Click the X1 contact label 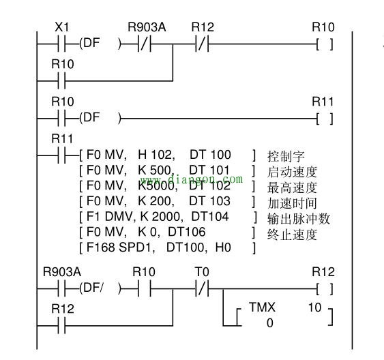pos(62,27)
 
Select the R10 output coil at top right pos(324,44)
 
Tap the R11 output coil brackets pos(324,119)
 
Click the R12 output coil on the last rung pos(324,289)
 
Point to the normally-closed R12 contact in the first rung pos(203,44)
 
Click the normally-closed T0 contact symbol pos(203,289)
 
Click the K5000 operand pos(158,185)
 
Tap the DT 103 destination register pos(210,201)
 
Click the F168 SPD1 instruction pos(121,247)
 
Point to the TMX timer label pos(262,307)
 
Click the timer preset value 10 pos(314,307)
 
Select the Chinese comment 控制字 pos(286,156)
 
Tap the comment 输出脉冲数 pos(299,219)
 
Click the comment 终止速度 pos(292,235)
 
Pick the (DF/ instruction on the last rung pos(91,288)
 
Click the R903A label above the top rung pos(147,27)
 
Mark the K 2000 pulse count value pos(162,217)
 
